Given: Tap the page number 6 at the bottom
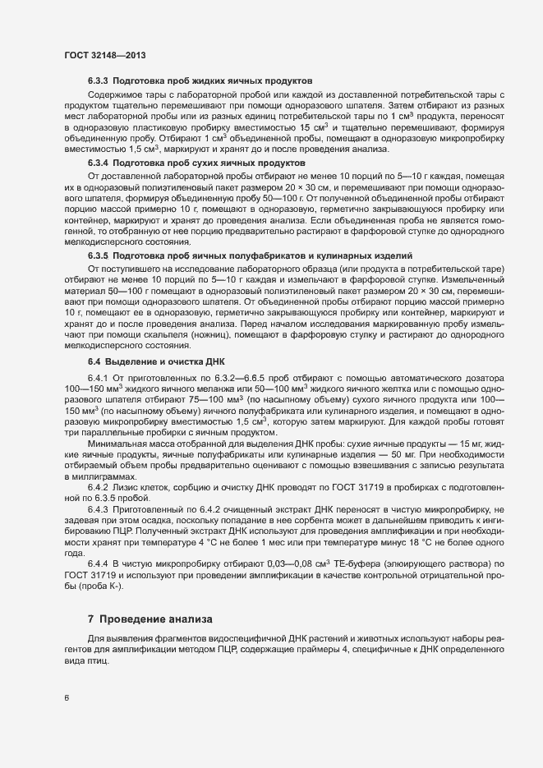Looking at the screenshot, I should pos(67,698).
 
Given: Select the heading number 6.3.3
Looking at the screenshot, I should pos(98,82).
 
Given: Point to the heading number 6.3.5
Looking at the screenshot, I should pos(98,256).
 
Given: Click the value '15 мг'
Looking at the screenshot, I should pos(447,444).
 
